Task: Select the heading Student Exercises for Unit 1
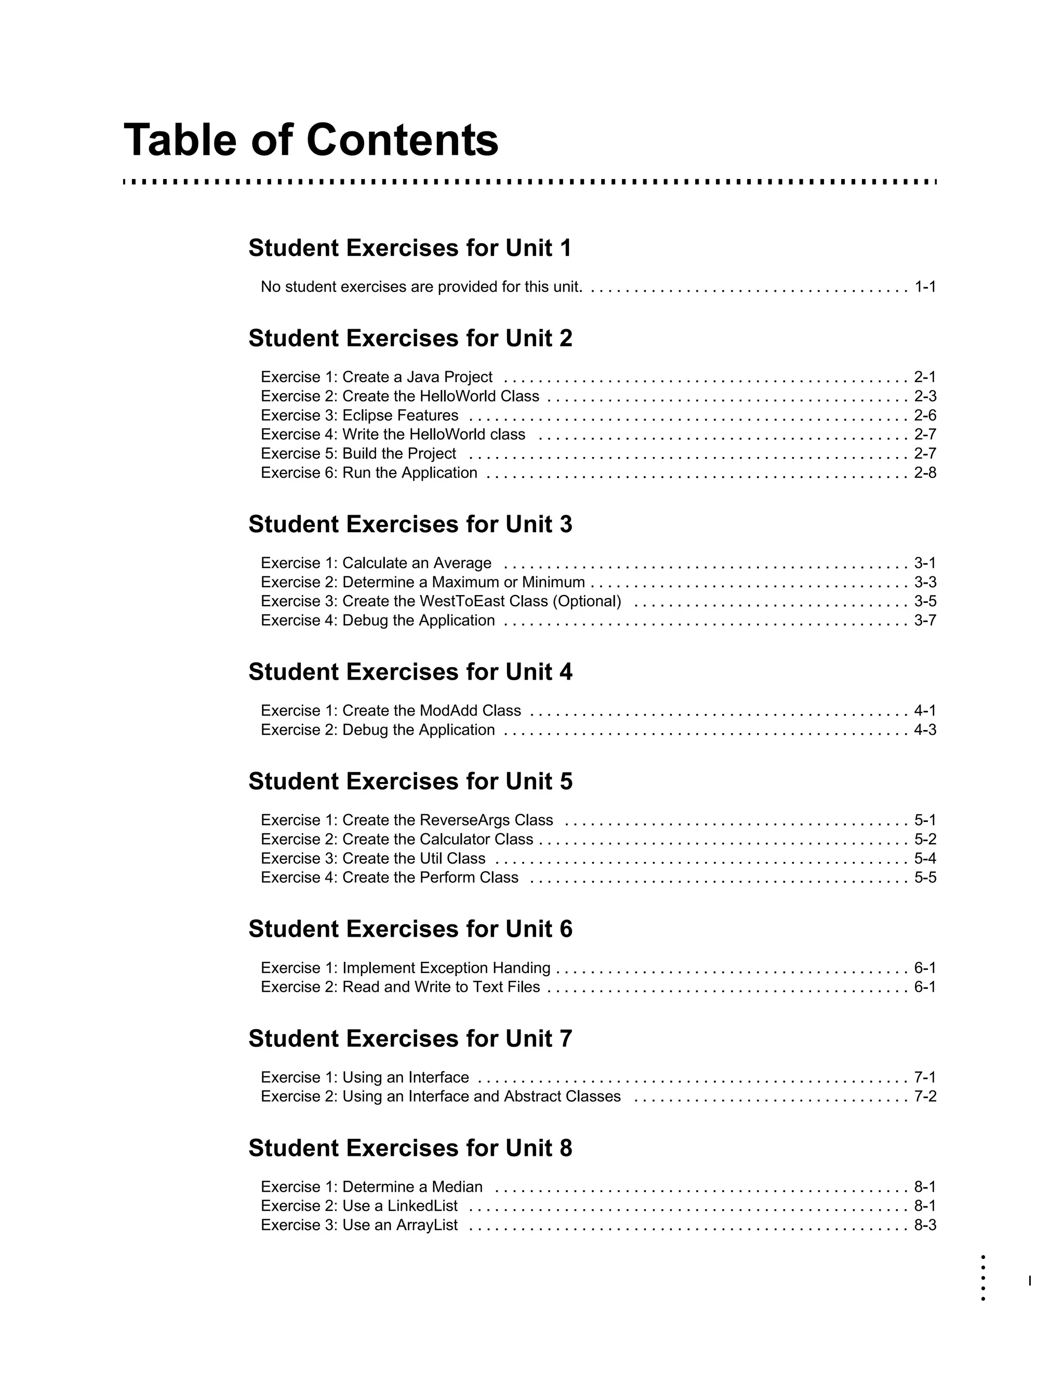pos(410,248)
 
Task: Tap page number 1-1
pos(925,287)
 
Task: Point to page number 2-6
pos(925,416)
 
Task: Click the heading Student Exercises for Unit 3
pos(410,525)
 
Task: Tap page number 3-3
pos(925,583)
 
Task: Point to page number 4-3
pos(925,730)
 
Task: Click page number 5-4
pos(925,859)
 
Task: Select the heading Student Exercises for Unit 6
pos(410,929)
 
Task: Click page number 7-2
pos(925,1097)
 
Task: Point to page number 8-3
pos(925,1225)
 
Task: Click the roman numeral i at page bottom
pos(1029,1281)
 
